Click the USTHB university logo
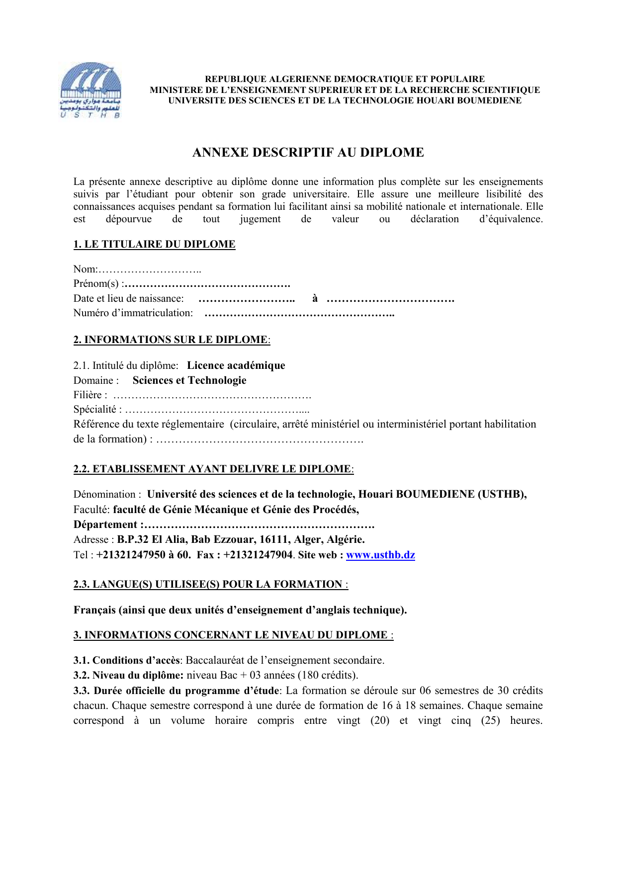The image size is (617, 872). point(90,90)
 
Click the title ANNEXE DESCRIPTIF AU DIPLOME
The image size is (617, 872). point(308,153)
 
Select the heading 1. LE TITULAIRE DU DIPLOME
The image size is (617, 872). point(154,244)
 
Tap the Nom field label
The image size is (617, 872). point(85,269)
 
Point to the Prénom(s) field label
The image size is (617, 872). point(96,284)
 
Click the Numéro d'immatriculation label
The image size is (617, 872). point(133,313)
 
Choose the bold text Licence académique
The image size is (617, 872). point(236,366)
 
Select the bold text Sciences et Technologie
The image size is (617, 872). point(189,380)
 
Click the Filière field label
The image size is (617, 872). point(89,395)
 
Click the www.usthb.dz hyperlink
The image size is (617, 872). point(380,555)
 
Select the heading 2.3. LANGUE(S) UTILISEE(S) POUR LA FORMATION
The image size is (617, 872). point(210,585)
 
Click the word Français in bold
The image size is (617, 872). point(94,610)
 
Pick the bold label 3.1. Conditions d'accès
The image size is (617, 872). point(126,661)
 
